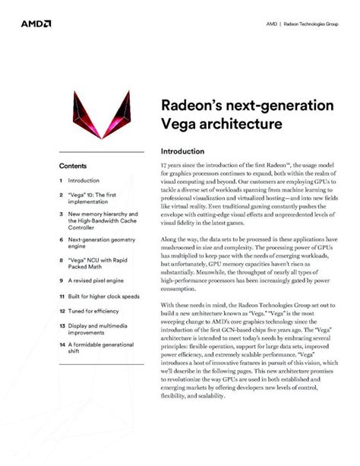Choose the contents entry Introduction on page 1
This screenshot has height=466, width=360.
[x=84, y=181]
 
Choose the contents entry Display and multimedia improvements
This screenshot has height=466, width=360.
[x=99, y=331]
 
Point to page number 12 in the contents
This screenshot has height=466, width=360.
[x=62, y=311]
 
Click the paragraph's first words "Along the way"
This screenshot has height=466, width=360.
[x=179, y=239]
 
